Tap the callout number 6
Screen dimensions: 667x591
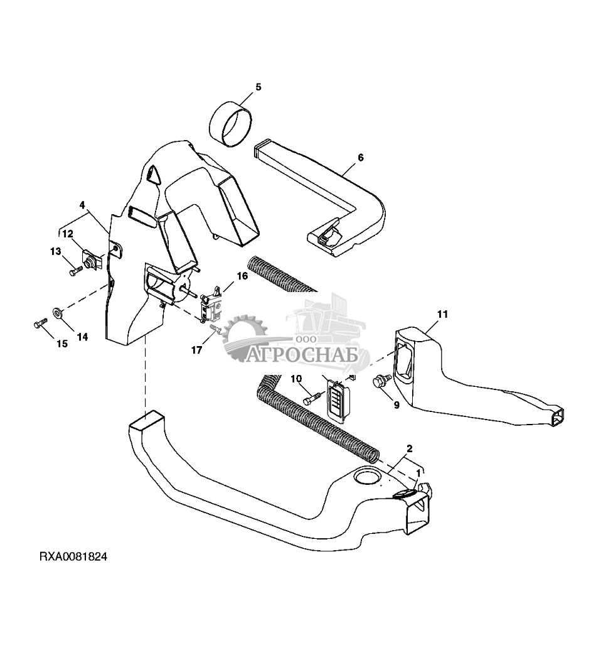[360, 157]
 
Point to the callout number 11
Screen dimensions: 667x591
[442, 314]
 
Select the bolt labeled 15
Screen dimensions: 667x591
[39, 324]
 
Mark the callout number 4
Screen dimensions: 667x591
[82, 204]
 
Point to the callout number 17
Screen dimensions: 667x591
[196, 350]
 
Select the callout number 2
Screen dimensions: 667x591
[409, 448]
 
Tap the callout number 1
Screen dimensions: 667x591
[419, 470]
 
